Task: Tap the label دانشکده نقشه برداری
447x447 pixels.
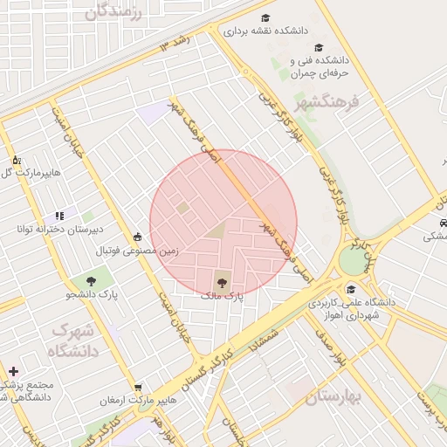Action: click(x=266, y=31)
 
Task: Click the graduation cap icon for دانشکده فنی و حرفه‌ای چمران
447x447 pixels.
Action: click(x=318, y=47)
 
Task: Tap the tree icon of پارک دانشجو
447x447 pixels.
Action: click(x=91, y=280)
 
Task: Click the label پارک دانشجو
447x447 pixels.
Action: click(x=91, y=295)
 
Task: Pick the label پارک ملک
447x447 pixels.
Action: click(x=221, y=297)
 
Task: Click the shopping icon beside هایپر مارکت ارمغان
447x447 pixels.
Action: click(x=138, y=387)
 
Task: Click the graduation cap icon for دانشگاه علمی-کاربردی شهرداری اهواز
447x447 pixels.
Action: click(x=351, y=290)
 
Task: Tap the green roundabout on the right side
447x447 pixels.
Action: click(x=353, y=260)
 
